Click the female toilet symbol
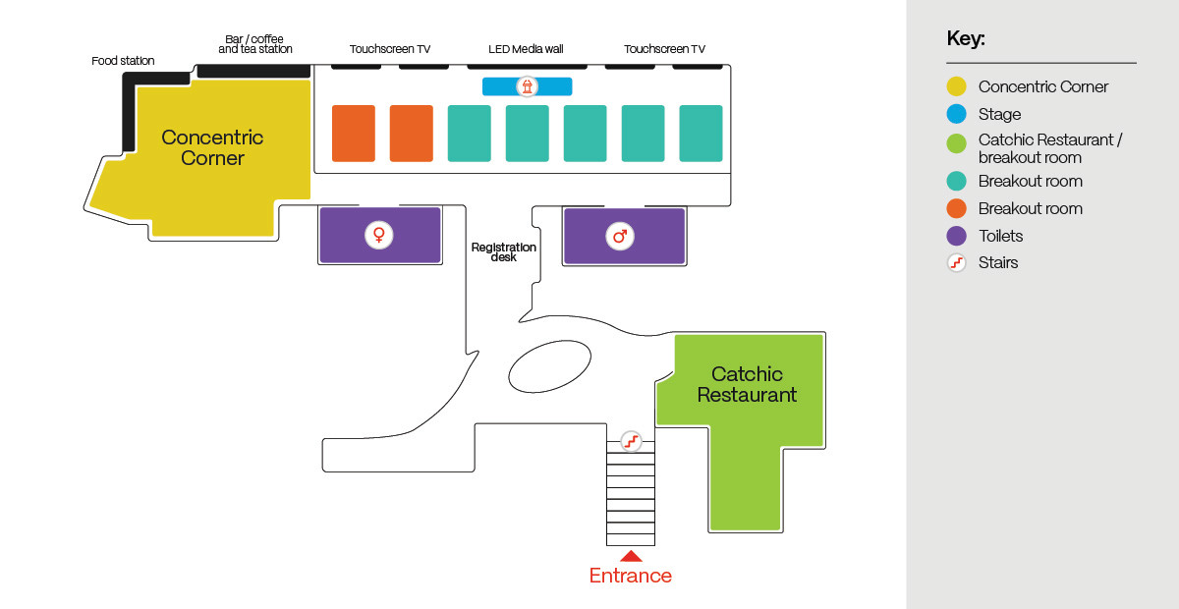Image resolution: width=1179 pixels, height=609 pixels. pyautogui.click(x=378, y=236)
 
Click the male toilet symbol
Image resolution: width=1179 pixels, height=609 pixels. pyautogui.click(x=619, y=236)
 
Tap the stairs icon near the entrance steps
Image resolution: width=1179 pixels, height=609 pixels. pyautogui.click(x=631, y=441)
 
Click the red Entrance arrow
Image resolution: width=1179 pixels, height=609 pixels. pyautogui.click(x=631, y=556)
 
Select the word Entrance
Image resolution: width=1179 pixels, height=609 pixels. pyautogui.click(x=631, y=576)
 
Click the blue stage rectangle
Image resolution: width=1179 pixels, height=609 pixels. pyautogui.click(x=527, y=86)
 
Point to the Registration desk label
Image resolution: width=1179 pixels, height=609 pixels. pyautogui.click(x=504, y=252)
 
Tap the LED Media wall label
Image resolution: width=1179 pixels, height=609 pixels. pyautogui.click(x=527, y=49)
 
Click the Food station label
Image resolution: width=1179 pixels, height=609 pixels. pyautogui.click(x=123, y=61)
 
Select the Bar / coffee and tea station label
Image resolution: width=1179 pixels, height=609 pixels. pyautogui.click(x=254, y=44)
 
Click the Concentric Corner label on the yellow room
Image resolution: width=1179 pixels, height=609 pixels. pyautogui.click(x=212, y=147)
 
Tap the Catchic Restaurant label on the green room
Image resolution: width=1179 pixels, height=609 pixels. pyautogui.click(x=747, y=384)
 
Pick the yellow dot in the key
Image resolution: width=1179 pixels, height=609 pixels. pyautogui.click(x=956, y=86)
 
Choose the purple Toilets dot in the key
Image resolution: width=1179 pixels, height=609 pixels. pyautogui.click(x=956, y=236)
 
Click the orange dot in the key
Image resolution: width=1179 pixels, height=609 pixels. pyautogui.click(x=956, y=208)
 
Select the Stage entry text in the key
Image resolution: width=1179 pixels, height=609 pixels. pyautogui.click(x=999, y=114)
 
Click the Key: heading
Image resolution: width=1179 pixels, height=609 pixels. pyautogui.click(x=966, y=39)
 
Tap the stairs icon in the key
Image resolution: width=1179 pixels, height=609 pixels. pyautogui.click(x=956, y=262)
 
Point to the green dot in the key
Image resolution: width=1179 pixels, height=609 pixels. pyautogui.click(x=956, y=143)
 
